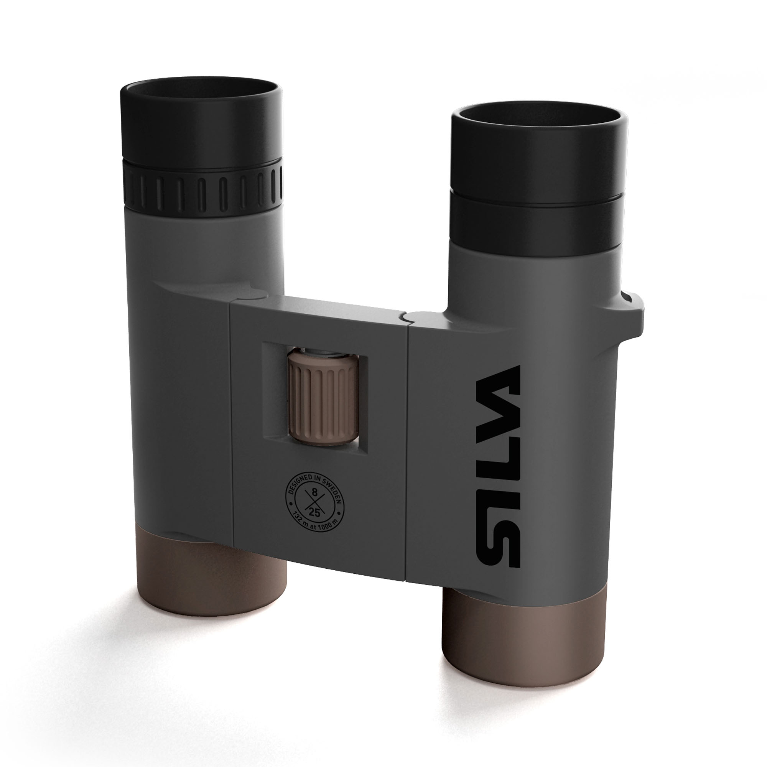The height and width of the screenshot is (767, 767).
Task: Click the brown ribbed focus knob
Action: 323,397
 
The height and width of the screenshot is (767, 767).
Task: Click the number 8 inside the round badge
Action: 315,493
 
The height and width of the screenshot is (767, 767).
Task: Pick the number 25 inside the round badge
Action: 314,512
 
